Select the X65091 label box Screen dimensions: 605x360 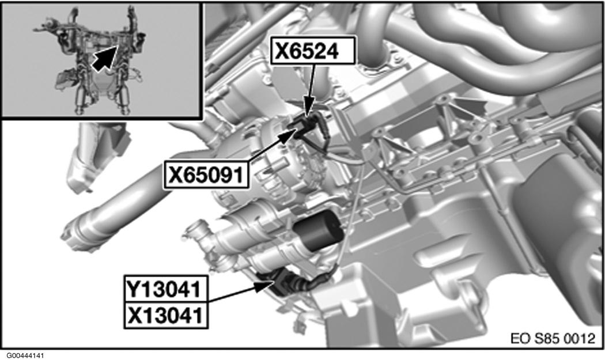206,176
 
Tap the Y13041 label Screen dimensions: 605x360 165,289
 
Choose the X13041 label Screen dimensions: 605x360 165,315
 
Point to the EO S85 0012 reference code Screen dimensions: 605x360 553,338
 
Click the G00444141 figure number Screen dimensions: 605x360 22,355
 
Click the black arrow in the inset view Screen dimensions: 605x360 105,58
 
